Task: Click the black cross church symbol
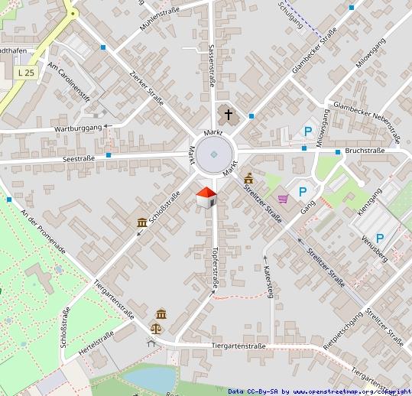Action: pyautogui.click(x=227, y=115)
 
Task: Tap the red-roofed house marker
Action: pyautogui.click(x=206, y=196)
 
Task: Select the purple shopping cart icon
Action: pyautogui.click(x=284, y=199)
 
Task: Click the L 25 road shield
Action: pyautogui.click(x=25, y=72)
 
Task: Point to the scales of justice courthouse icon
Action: pyautogui.click(x=157, y=329)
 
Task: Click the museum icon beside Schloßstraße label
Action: pyautogui.click(x=142, y=222)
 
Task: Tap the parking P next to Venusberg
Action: pyautogui.click(x=379, y=239)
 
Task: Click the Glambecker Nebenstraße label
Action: pyautogui.click(x=368, y=123)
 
